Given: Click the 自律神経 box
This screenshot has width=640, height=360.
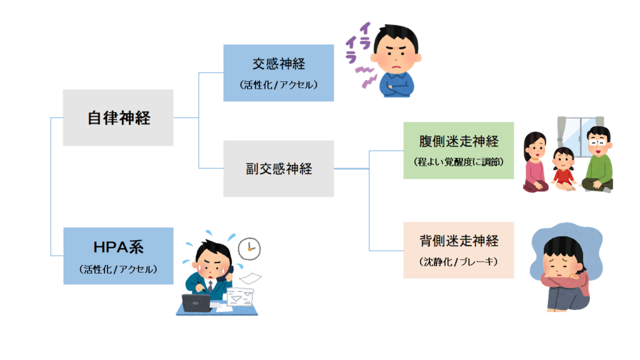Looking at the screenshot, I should coord(118,117).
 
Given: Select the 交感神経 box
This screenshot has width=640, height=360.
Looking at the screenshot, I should coord(278,72).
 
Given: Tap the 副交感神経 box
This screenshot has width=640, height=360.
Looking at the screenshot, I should coord(278,169).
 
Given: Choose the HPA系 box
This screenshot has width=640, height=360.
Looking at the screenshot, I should coord(118,256).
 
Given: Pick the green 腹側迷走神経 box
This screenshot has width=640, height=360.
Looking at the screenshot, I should coord(458,150).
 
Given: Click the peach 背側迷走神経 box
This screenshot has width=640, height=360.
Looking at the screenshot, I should coord(458,250).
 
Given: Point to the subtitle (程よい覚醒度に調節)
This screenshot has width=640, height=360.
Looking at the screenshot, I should coord(458,161).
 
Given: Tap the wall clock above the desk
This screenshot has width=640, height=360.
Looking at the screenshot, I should coord(249,247).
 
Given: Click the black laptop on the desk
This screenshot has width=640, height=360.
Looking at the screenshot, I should coord(197,302).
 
